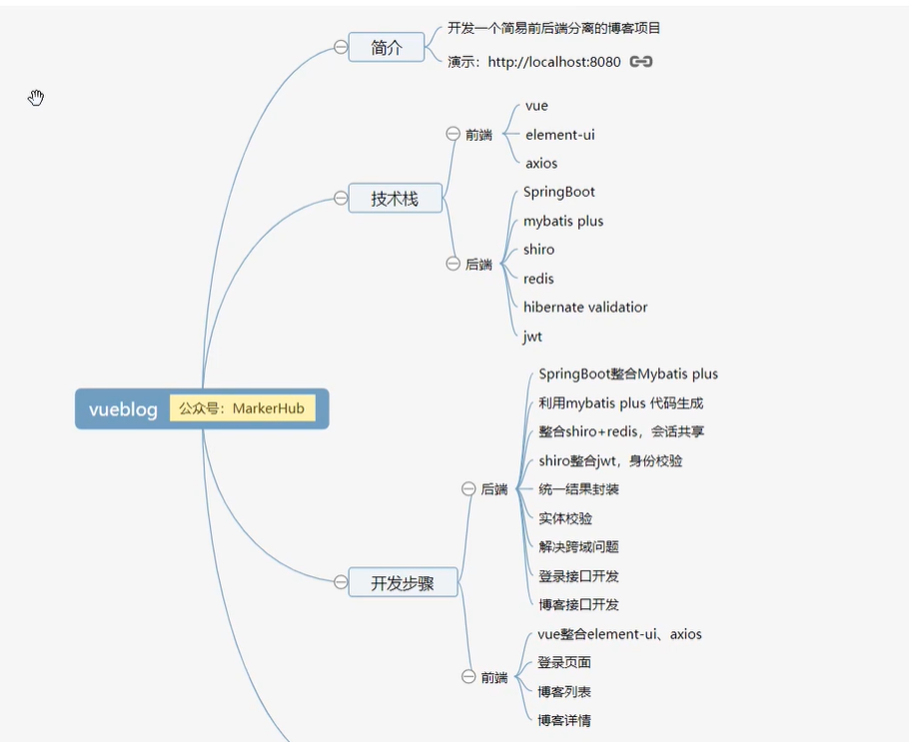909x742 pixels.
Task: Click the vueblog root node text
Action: pyautogui.click(x=123, y=409)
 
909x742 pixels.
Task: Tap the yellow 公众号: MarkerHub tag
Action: pyautogui.click(x=242, y=408)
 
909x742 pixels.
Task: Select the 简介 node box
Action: pyautogui.click(x=387, y=47)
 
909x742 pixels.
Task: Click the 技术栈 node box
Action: pyautogui.click(x=395, y=199)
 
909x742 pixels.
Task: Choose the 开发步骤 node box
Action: pyautogui.click(x=403, y=583)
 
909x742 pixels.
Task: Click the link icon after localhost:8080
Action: pyautogui.click(x=641, y=62)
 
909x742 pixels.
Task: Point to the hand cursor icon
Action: pyautogui.click(x=36, y=97)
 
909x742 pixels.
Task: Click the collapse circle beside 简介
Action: pyautogui.click(x=341, y=47)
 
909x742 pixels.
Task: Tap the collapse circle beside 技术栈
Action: pyautogui.click(x=341, y=199)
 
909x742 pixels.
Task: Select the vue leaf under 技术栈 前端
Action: pyautogui.click(x=536, y=106)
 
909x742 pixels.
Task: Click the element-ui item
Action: pyautogui.click(x=559, y=135)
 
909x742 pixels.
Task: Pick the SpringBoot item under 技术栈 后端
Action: pyautogui.click(x=558, y=192)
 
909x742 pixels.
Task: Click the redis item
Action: pyautogui.click(x=538, y=279)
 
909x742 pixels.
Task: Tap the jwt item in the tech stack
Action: pyautogui.click(x=532, y=337)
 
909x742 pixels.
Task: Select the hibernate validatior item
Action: pyautogui.click(x=585, y=308)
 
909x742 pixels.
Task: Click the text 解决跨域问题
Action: pyautogui.click(x=578, y=547)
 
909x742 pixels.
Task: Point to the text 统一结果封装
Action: pyautogui.click(x=578, y=489)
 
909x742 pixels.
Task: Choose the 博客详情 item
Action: pyautogui.click(x=564, y=720)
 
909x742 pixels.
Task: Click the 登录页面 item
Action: pyautogui.click(x=564, y=662)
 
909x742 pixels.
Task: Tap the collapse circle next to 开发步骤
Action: pyautogui.click(x=341, y=582)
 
